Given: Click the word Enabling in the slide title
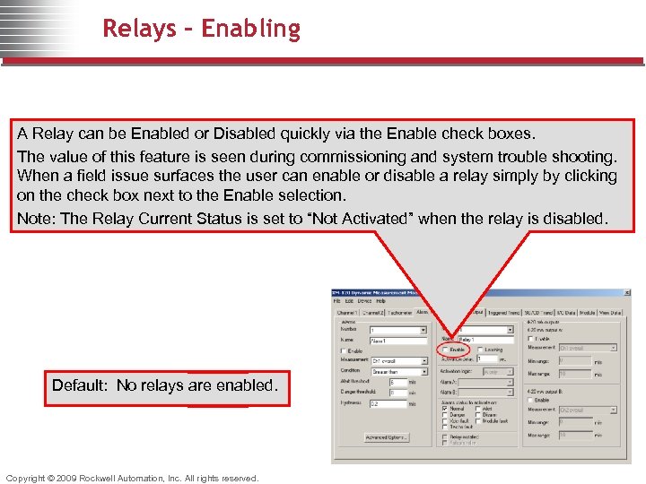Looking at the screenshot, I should [x=251, y=29].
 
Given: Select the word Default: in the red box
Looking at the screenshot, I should [x=80, y=385].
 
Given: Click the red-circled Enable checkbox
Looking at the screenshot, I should [x=445, y=350].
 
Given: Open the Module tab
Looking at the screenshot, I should [x=587, y=312].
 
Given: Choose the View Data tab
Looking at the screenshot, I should [x=610, y=312].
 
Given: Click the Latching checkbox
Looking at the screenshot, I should [x=480, y=350].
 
